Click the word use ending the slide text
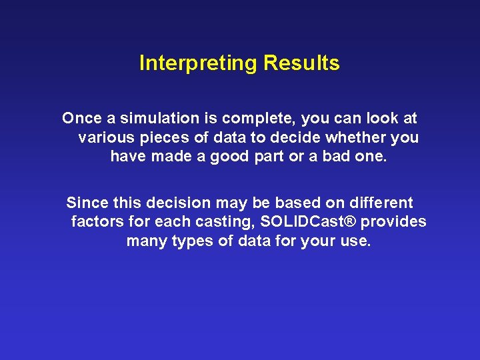tap(355, 241)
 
